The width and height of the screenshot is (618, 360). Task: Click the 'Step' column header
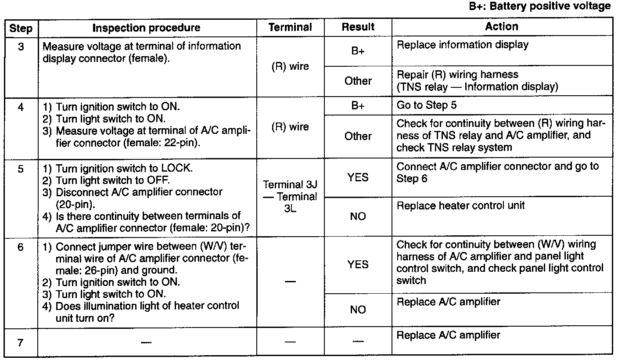(21, 28)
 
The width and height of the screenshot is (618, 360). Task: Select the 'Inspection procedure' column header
(147, 28)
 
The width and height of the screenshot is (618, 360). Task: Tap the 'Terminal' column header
(290, 27)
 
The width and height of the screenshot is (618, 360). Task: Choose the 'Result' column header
(358, 27)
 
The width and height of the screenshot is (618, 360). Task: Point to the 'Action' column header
(501, 26)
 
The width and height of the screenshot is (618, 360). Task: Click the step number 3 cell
(21, 46)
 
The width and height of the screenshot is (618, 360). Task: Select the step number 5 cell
(21, 169)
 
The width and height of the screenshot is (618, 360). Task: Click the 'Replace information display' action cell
(462, 45)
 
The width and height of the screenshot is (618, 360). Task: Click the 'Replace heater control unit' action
(460, 205)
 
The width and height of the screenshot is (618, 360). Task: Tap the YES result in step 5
(358, 178)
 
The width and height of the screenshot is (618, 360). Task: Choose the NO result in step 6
(358, 310)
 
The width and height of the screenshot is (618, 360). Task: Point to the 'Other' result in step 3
(358, 81)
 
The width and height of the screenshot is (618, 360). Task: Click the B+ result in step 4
(358, 106)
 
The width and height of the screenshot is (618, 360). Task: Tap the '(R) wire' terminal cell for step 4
(290, 127)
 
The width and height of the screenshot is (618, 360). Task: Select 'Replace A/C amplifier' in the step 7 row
(448, 335)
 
